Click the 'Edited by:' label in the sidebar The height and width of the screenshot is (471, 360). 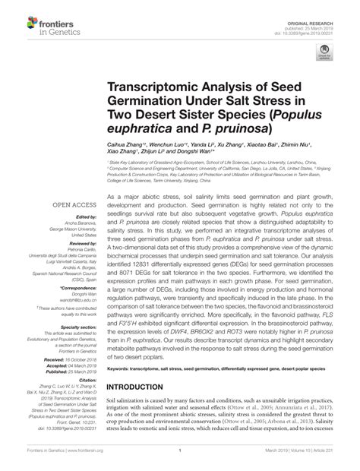click(x=65, y=217)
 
